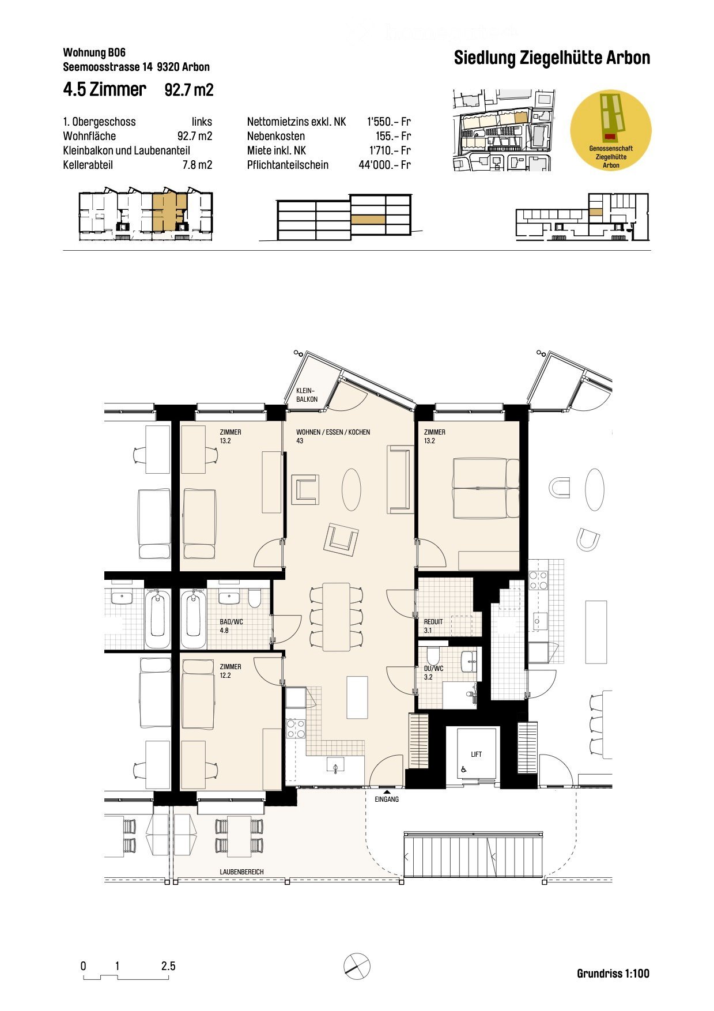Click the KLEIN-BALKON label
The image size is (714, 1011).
pos(307,395)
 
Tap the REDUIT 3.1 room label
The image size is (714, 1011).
pos(433,626)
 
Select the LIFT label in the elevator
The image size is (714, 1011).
pos(476,754)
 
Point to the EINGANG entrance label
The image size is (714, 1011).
pos(387,799)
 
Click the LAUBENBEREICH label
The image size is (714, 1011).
pos(241,872)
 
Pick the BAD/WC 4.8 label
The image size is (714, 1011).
pos(231,626)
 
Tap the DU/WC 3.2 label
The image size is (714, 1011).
pos(433,673)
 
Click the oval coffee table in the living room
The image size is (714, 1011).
pos(351,489)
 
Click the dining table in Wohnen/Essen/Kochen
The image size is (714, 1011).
pos(336,616)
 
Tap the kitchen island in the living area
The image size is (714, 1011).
pos(357,697)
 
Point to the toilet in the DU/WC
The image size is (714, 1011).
pos(433,656)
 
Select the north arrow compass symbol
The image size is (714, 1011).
pos(357,966)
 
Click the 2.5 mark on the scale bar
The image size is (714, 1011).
pos(168,966)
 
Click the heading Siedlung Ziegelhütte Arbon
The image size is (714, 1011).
pos(551,58)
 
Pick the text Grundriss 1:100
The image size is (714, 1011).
pos(613,974)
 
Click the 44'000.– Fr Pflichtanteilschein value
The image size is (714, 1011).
pos(384,165)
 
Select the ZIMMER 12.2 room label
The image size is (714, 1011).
pos(230,671)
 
